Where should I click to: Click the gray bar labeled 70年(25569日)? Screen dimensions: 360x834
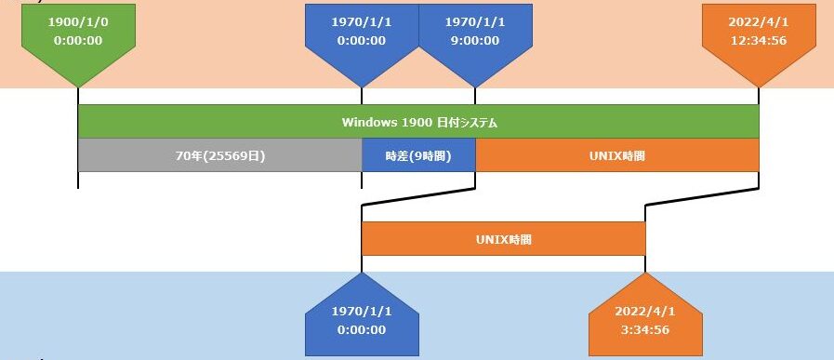[219, 155]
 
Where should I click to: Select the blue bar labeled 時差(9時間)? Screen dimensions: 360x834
[418, 155]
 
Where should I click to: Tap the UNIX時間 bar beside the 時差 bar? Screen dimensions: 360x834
[617, 155]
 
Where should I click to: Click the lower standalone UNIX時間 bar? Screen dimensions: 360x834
[503, 239]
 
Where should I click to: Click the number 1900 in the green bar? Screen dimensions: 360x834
[416, 122]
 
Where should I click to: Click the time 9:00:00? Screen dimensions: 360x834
[475, 40]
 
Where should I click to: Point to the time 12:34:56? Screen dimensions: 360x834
[759, 40]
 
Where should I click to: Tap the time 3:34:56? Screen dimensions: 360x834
[643, 329]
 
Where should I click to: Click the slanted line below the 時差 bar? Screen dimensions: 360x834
[418, 195]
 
